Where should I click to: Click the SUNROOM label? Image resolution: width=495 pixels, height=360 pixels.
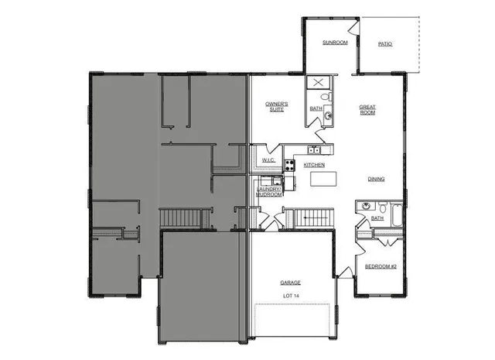(x=335, y=43)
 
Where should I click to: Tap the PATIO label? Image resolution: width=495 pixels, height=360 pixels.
(x=384, y=44)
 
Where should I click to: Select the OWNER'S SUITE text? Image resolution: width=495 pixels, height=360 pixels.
(x=277, y=107)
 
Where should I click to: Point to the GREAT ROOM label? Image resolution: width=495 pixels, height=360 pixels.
(x=367, y=109)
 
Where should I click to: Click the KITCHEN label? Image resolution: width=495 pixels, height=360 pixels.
(x=313, y=165)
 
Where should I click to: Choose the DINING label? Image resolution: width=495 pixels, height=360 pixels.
(x=376, y=179)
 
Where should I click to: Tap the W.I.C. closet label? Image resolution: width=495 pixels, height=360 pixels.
(x=268, y=160)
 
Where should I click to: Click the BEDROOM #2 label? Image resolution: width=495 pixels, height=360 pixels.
(x=381, y=267)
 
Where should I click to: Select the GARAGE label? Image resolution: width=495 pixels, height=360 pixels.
(x=291, y=283)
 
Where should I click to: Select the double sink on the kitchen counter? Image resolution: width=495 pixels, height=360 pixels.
(x=313, y=149)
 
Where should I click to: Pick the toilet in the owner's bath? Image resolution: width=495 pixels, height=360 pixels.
(x=326, y=98)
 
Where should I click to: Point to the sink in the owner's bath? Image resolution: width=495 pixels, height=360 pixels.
(x=328, y=116)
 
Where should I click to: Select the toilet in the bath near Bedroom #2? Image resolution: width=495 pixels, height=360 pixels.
(x=382, y=207)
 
